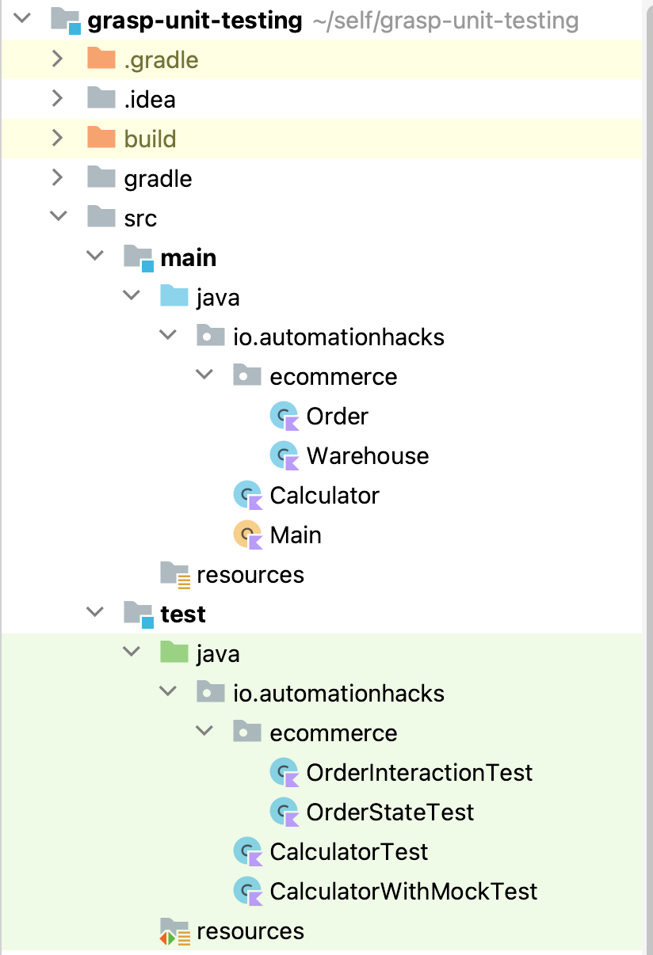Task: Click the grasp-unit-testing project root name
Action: pyautogui.click(x=194, y=21)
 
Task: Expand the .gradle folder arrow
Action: pyautogui.click(x=57, y=59)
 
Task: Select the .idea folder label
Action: pyautogui.click(x=150, y=100)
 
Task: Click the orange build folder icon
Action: pyautogui.click(x=101, y=138)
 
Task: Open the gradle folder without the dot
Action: pyautogui.click(x=158, y=179)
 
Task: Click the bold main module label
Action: pyautogui.click(x=188, y=258)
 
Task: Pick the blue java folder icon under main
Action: pyautogui.click(x=174, y=297)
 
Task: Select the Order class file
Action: pyautogui.click(x=337, y=417)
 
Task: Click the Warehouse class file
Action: pyautogui.click(x=367, y=456)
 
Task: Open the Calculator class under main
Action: pyautogui.click(x=324, y=496)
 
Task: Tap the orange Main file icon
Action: pyautogui.click(x=247, y=535)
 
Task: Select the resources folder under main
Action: pyautogui.click(x=250, y=575)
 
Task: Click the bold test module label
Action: pyautogui.click(x=183, y=614)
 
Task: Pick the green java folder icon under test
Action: pyautogui.click(x=174, y=653)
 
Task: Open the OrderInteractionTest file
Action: pyautogui.click(x=419, y=773)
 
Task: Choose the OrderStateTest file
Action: pyautogui.click(x=390, y=812)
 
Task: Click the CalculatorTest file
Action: pyautogui.click(x=349, y=852)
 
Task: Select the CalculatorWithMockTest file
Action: pyautogui.click(x=403, y=892)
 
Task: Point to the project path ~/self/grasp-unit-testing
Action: pyautogui.click(x=446, y=21)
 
